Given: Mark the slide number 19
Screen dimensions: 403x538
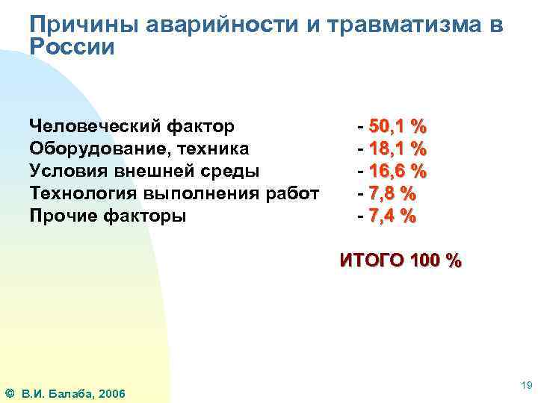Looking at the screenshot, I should [x=525, y=385].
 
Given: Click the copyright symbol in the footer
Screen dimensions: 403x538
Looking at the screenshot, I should [x=9, y=393].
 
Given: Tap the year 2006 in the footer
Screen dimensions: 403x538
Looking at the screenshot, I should [x=111, y=393].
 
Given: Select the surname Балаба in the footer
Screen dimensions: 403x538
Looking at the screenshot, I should [x=71, y=393].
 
